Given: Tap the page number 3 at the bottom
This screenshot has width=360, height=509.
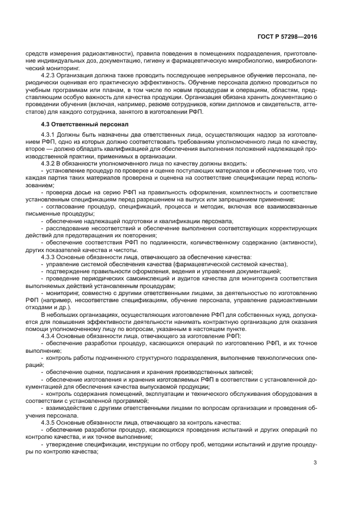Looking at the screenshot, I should (x=315, y=463).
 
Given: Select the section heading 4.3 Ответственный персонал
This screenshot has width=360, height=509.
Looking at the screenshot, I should (x=81, y=125).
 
